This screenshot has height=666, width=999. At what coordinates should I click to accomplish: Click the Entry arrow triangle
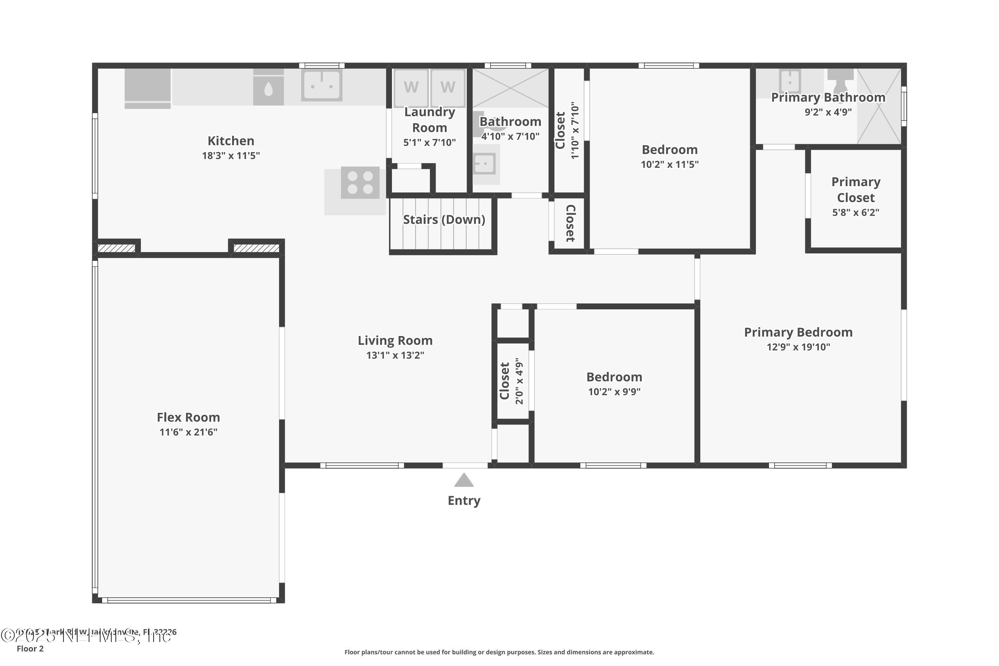464,481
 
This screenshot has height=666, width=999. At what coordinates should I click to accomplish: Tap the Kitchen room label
231,141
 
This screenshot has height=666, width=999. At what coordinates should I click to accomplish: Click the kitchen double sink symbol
322,85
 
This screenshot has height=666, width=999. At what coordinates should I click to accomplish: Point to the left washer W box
411,88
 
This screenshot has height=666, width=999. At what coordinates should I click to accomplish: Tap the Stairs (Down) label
444,219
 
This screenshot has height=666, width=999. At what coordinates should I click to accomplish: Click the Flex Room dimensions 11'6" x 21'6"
188,432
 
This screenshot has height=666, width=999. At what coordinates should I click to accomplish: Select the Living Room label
395,340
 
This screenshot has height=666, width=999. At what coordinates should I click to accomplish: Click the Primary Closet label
855,189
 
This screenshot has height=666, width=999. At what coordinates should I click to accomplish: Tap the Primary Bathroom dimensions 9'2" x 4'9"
828,112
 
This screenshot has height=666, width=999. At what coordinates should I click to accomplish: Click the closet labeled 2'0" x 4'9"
511,381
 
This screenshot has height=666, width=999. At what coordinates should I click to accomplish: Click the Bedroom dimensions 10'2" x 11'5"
669,165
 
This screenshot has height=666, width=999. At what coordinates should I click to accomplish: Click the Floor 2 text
30,649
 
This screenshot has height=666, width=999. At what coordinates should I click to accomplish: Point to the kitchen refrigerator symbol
148,88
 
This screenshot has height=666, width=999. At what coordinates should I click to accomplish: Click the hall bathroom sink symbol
484,164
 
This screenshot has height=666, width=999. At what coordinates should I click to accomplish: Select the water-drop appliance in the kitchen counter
268,90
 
